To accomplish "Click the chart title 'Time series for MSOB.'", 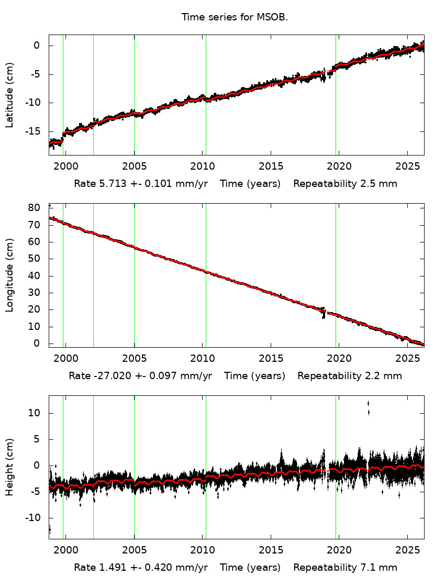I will pyautogui.click(x=235, y=17).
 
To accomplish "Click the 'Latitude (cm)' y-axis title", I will pyautogui.click(x=9, y=95).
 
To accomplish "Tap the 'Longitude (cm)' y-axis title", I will pyautogui.click(x=9, y=275).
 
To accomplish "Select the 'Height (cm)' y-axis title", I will pyautogui.click(x=9, y=467).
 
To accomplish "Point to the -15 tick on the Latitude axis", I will pyautogui.click(x=35, y=131).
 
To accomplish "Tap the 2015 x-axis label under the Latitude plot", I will pyautogui.click(x=271, y=167).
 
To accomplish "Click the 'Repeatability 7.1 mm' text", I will pyautogui.click(x=345, y=568).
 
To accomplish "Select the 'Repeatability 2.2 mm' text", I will pyautogui.click(x=350, y=376).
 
